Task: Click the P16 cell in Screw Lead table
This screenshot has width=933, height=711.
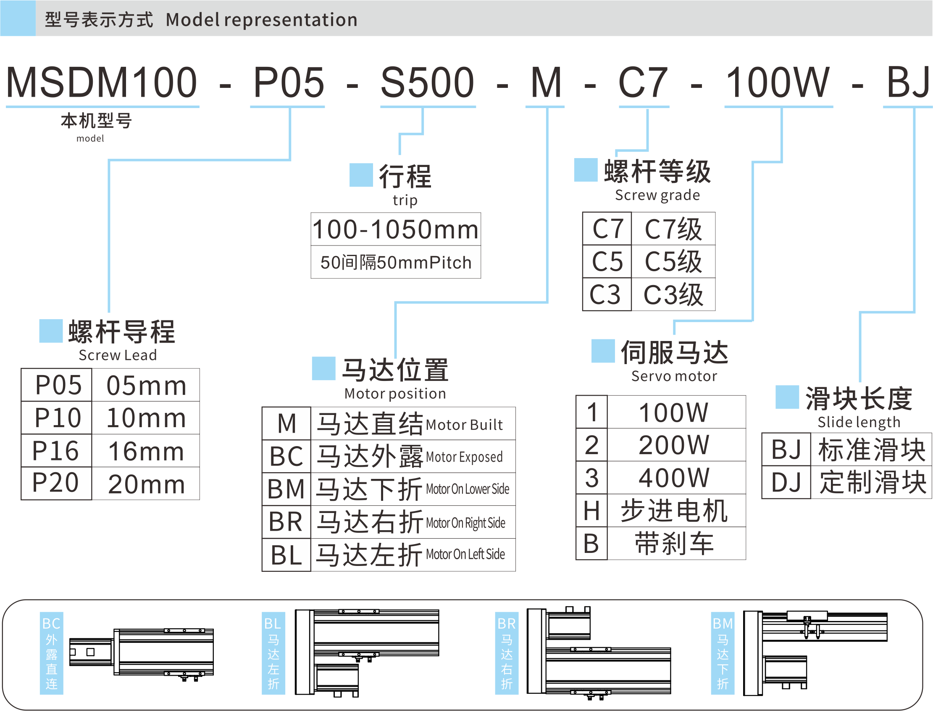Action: tap(56, 451)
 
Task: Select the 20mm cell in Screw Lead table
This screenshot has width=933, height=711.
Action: tap(146, 484)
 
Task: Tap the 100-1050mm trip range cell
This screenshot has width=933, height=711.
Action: tap(396, 230)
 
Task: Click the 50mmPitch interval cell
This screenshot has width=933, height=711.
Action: tap(396, 262)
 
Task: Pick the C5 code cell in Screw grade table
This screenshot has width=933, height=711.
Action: tap(607, 262)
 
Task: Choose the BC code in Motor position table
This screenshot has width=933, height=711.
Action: tap(286, 457)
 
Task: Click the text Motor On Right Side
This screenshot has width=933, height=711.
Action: tap(465, 523)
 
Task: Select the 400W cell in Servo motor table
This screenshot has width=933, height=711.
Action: tap(674, 478)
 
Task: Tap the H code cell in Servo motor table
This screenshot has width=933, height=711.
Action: tap(591, 510)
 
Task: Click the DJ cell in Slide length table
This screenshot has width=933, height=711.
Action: tap(786, 482)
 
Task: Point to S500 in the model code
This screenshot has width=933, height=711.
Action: tap(427, 82)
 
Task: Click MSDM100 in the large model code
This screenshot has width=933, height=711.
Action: tap(102, 82)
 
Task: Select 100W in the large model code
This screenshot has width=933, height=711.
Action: tap(778, 82)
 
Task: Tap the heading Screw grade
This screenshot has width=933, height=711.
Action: tap(657, 195)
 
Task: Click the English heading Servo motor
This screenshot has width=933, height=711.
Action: tap(674, 376)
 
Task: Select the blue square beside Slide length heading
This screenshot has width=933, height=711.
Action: tap(787, 397)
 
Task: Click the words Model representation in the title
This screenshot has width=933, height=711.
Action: tap(262, 19)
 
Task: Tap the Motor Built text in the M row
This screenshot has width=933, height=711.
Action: tap(464, 425)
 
